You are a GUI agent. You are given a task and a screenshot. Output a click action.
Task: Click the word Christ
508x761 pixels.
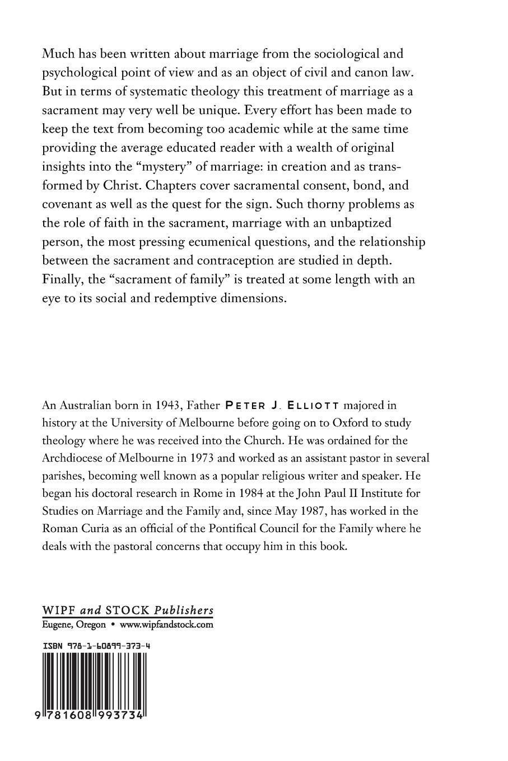point(137,185)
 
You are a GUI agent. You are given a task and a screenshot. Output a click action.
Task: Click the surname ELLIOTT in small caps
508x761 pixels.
point(305,405)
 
